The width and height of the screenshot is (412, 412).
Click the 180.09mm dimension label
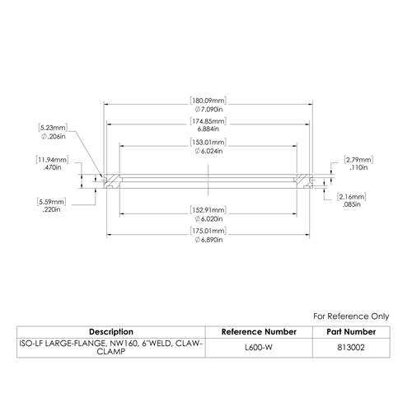208,101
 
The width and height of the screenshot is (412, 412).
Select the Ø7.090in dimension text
208,110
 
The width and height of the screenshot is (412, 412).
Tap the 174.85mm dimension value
208,121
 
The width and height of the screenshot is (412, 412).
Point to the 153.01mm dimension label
208,143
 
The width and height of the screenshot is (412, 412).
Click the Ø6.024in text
208,152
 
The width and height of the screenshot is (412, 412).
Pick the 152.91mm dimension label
208,210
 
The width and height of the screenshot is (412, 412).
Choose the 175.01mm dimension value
208,231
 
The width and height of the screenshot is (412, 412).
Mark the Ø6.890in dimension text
208,240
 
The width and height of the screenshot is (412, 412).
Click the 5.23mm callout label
53,128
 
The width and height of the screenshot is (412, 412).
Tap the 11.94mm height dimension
52,160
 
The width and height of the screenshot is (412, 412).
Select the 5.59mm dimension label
52,202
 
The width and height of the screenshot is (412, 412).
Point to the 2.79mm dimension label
358,160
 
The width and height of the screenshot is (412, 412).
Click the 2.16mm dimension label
352,197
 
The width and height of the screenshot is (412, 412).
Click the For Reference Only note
351,316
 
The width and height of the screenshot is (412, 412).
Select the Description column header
111,332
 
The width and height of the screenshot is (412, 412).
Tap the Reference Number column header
259,332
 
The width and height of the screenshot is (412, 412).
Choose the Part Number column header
351,332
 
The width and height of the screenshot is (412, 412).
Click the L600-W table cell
259,348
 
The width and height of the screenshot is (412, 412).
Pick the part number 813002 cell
351,348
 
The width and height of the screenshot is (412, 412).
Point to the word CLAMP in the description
111,352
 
